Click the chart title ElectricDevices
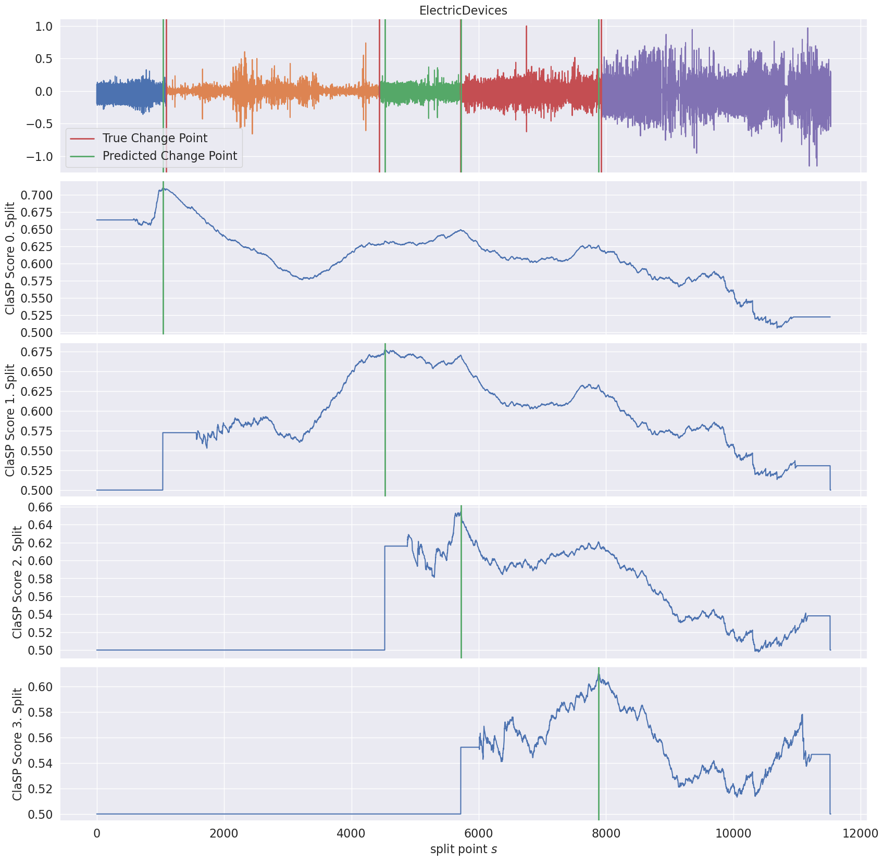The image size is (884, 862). tap(463, 10)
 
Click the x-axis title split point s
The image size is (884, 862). tap(463, 849)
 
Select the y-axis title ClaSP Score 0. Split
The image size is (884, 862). tap(10, 257)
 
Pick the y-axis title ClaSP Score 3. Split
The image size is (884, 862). tap(17, 744)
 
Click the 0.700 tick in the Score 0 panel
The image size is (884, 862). tap(38, 195)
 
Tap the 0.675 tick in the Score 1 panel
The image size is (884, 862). tap(38, 352)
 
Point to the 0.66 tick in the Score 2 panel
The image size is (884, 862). tap(41, 507)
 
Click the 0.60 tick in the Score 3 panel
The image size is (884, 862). tap(41, 687)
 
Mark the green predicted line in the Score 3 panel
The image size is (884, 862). tap(599, 744)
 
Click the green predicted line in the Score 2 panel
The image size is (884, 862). tap(461, 582)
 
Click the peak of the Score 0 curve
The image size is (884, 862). tap(164, 189)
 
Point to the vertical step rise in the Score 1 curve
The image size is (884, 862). tap(163, 461)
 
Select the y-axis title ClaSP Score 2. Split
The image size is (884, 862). tap(17, 582)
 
